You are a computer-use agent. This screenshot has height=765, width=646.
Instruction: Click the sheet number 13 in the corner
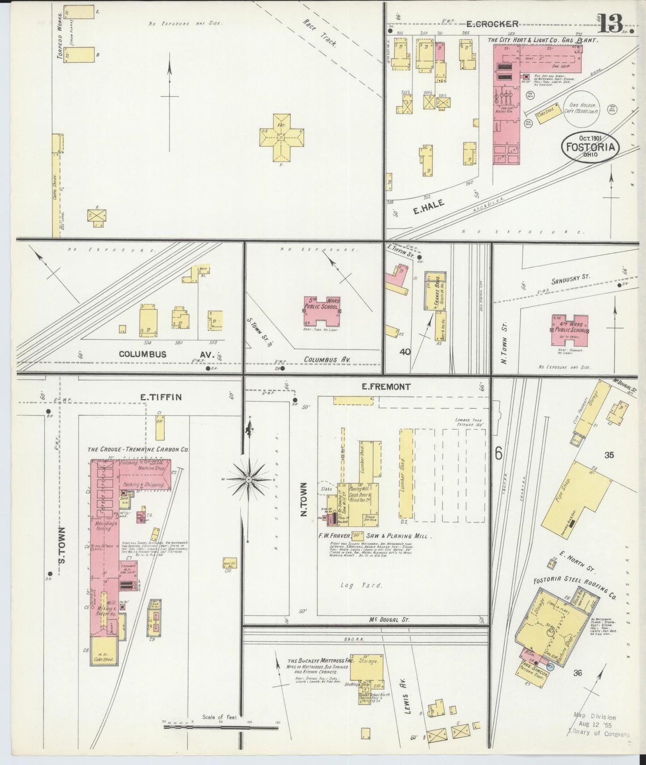610,23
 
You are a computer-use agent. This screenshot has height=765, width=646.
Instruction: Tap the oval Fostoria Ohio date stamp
590,146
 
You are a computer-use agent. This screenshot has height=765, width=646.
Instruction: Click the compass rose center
249,479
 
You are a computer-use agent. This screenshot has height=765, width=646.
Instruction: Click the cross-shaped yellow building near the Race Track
281,137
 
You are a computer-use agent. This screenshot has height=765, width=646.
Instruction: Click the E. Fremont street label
387,387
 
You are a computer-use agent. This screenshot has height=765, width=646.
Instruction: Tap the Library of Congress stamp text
599,732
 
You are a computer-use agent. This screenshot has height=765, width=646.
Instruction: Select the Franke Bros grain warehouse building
435,291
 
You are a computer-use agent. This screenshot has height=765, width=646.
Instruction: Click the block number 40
405,352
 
